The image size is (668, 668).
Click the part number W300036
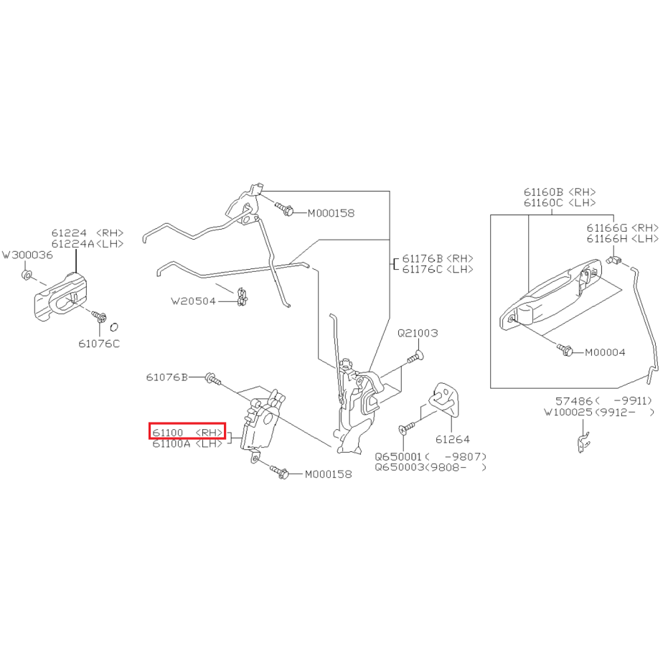tap(28, 255)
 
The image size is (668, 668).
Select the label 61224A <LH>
tap(88, 244)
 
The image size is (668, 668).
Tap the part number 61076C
tap(99, 344)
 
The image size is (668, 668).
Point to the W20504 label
tap(194, 301)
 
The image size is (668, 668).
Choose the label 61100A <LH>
tap(187, 443)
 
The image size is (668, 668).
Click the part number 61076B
tap(167, 377)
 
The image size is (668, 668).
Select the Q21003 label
tap(418, 333)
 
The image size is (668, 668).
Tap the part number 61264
tap(453, 439)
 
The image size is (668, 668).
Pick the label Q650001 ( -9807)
tap(431, 456)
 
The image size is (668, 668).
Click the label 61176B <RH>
tap(438, 258)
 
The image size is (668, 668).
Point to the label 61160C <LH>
tap(560, 203)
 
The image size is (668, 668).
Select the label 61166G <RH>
tap(622, 228)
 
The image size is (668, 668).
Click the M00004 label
tap(605, 352)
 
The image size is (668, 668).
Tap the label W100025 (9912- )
tap(599, 412)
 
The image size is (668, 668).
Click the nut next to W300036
tap(27, 275)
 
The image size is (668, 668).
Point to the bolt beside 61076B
tap(212, 378)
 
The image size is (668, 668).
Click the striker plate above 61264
tap(444, 399)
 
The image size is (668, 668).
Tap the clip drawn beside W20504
tap(242, 297)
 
